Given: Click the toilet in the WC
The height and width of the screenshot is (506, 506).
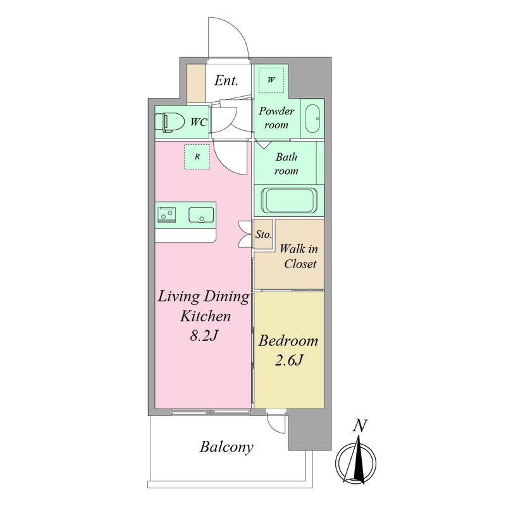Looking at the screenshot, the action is [169, 122].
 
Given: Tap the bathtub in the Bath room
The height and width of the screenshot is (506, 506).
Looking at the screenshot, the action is [289, 201].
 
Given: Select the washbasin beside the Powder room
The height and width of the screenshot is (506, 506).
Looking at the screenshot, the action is [312, 118].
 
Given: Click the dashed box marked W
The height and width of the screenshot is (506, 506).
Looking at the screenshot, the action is [271, 80].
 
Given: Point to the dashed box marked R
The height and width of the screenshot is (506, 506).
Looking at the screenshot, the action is [197, 157].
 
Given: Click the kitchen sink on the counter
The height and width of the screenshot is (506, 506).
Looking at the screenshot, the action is [201, 214].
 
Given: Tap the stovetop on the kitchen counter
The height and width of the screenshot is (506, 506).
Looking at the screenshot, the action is [166, 215].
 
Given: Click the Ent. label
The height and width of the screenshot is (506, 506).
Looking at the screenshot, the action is [226, 80].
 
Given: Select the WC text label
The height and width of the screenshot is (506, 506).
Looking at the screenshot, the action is [199, 122].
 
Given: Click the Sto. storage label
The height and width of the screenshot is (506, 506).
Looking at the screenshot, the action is [263, 234].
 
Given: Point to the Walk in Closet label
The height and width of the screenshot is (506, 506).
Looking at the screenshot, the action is [299, 256].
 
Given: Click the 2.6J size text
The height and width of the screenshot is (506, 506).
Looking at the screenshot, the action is [288, 360].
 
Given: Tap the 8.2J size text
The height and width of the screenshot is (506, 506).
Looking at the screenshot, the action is [204, 336].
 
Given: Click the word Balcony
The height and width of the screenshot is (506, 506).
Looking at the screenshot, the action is [226, 447].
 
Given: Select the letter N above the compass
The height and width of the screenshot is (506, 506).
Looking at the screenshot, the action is [360, 426].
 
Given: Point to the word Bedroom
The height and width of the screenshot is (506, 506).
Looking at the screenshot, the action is [288, 341].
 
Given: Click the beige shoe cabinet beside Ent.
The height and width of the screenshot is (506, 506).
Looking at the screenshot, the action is [197, 83].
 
